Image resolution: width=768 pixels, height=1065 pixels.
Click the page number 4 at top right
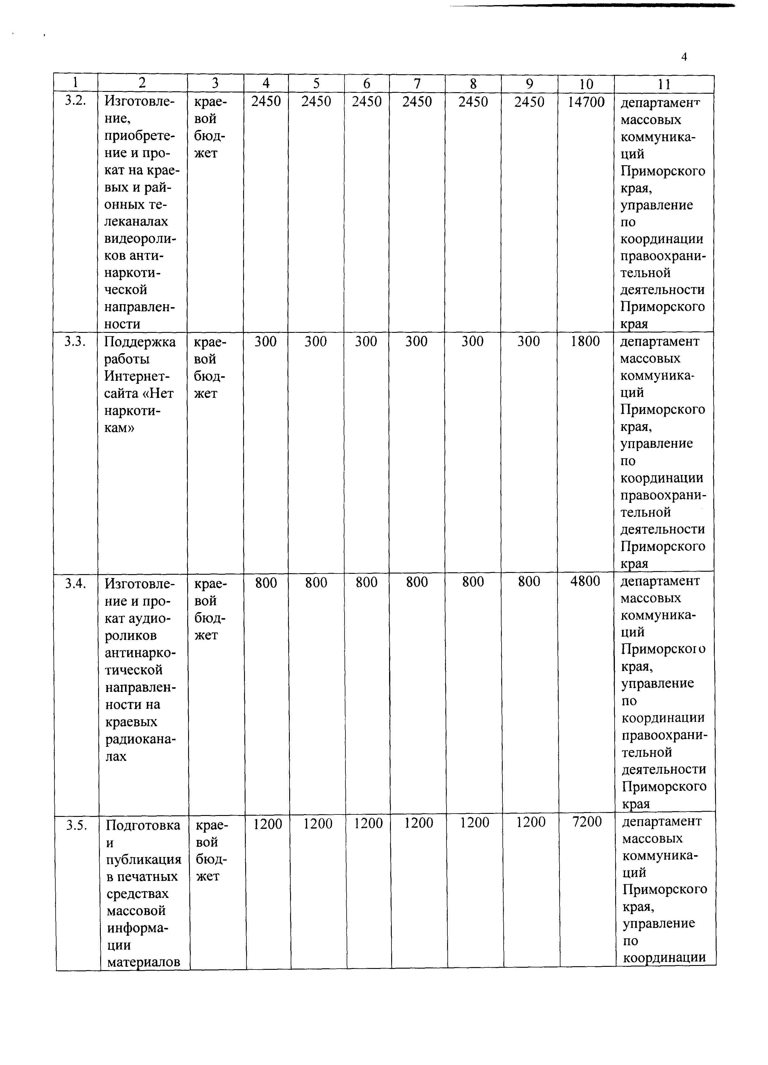click(x=684, y=57)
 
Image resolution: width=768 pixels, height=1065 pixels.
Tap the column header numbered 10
click(x=586, y=84)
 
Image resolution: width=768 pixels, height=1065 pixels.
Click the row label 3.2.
click(x=75, y=101)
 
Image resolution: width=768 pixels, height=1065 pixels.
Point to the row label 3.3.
click(x=75, y=342)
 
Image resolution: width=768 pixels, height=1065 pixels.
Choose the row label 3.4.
click(x=76, y=583)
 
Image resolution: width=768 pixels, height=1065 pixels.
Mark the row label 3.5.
click(x=77, y=825)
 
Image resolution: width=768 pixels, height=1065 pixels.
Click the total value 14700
click(x=586, y=102)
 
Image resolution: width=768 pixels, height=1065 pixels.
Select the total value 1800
click(x=585, y=342)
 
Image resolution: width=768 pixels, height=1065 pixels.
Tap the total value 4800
click(x=585, y=581)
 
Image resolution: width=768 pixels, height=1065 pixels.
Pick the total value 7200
click(x=587, y=822)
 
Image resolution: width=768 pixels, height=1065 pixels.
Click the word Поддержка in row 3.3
click(x=140, y=342)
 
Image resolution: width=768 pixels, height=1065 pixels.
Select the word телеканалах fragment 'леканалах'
click(x=136, y=221)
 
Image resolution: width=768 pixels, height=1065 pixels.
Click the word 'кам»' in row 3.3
click(x=119, y=428)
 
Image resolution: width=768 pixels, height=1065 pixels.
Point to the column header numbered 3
click(x=215, y=83)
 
